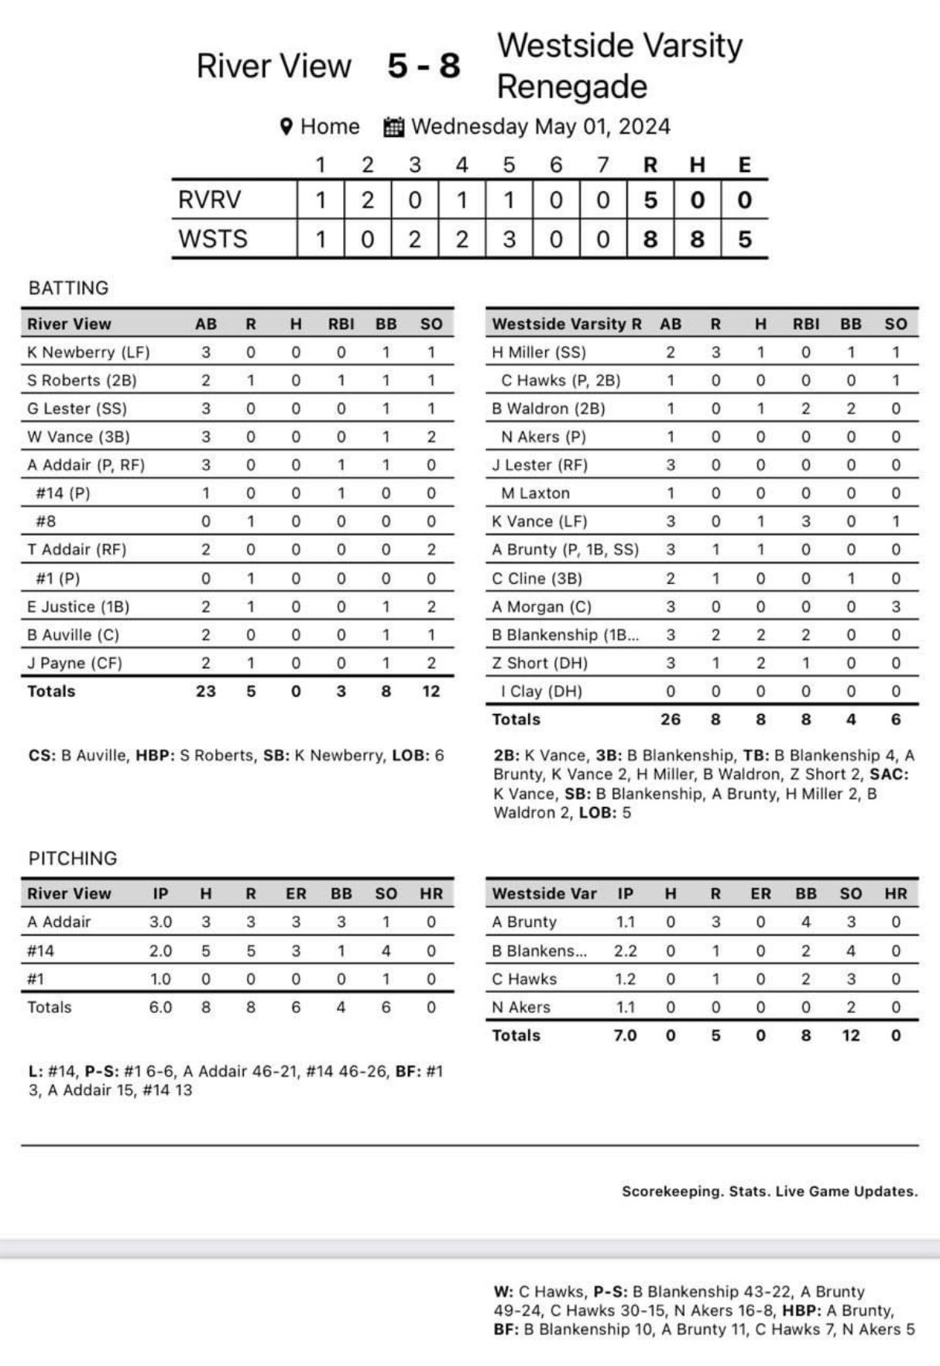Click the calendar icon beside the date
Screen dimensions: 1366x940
coord(394,127)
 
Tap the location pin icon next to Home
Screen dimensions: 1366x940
coord(286,126)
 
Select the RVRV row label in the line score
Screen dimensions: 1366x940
coord(210,201)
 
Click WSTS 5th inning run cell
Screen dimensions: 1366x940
coord(509,239)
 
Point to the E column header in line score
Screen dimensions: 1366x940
coord(744,165)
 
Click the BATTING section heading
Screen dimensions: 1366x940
coord(68,288)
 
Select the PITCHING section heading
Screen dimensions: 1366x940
coord(73,858)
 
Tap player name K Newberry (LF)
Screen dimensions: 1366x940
coord(88,352)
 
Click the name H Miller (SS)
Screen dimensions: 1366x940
coord(539,352)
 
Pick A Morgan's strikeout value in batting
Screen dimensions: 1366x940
coord(895,607)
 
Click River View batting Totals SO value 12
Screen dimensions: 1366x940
coord(431,692)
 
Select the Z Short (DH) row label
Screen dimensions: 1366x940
coord(540,664)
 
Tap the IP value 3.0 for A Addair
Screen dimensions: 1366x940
coord(160,922)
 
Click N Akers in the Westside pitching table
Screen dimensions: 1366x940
coord(521,1007)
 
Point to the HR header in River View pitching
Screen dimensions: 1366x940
coord(431,894)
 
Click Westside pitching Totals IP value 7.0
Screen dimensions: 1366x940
coord(625,1036)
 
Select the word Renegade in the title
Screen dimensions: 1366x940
coord(571,87)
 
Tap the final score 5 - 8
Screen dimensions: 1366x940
coord(424,67)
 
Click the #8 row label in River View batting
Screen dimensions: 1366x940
coord(46,522)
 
